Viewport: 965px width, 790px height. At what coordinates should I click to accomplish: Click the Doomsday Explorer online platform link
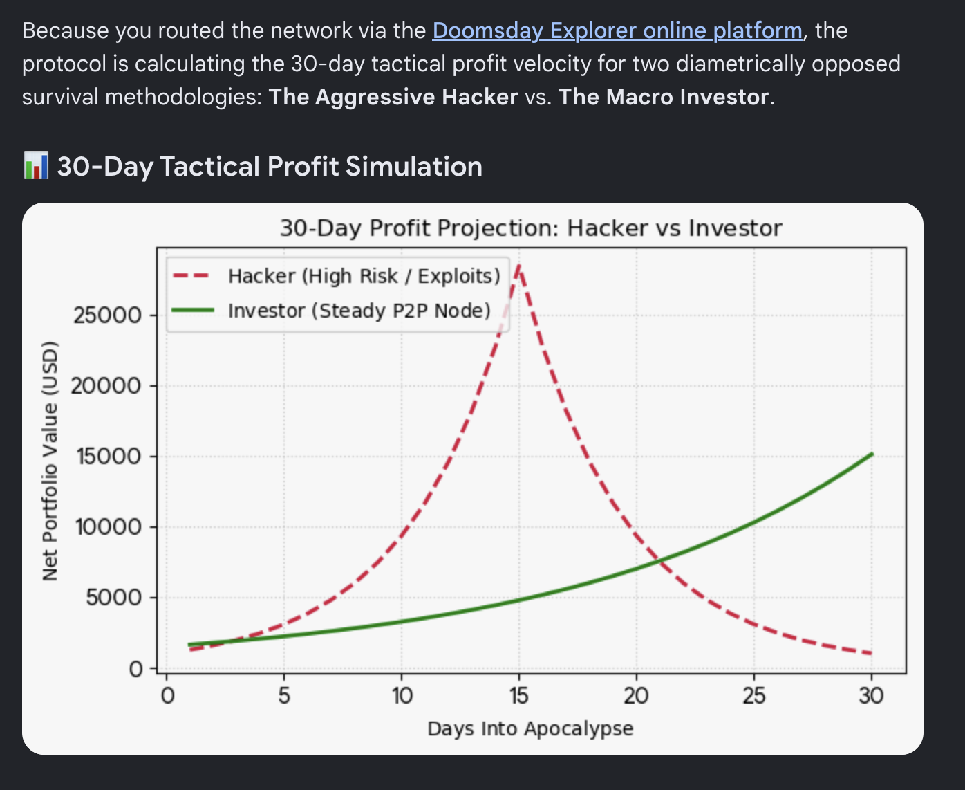pos(618,31)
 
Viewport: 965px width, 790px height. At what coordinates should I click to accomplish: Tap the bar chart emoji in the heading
pos(36,166)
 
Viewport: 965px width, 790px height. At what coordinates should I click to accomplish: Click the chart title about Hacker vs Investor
pos(531,228)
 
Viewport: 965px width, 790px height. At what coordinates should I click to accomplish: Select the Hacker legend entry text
pos(364,276)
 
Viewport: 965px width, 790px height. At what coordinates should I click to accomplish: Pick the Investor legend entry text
pos(359,311)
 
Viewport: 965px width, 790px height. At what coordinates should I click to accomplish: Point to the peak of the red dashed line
pos(519,266)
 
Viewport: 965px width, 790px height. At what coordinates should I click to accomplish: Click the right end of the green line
pos(872,454)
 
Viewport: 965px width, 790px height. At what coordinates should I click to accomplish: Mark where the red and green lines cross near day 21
pos(659,560)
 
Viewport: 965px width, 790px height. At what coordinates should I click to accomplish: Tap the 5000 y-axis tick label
pos(113,598)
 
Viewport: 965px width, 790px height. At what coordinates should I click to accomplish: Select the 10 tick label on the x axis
pos(402,696)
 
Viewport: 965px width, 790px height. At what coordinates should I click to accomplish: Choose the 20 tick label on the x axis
pos(637,696)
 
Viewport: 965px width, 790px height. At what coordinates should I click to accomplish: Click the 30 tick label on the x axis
pos(871,696)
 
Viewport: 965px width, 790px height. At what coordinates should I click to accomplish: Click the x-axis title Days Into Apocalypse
pos(530,728)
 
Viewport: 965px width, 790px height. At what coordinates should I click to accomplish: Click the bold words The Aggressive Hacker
pos(393,97)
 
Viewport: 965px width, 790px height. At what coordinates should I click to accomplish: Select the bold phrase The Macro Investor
pos(664,97)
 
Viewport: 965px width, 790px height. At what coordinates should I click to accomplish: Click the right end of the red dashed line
pos(871,654)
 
